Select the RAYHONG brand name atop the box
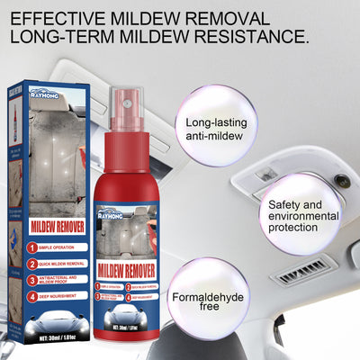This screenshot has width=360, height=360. click(49, 91)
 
